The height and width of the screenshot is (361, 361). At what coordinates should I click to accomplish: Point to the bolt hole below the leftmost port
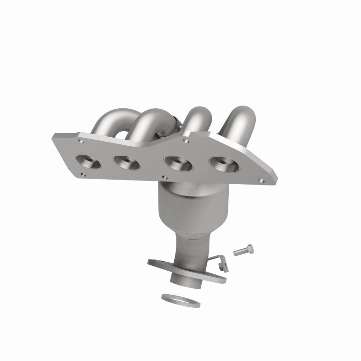(83, 174)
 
